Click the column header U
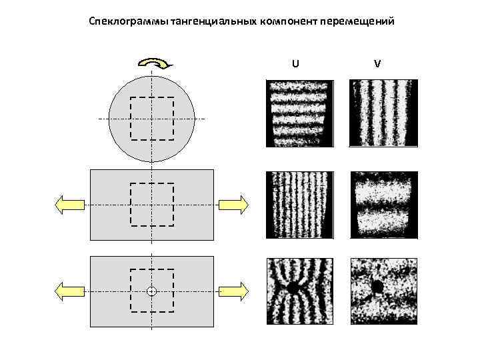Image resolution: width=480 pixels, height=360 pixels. point(295,63)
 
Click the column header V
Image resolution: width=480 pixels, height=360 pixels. point(377,63)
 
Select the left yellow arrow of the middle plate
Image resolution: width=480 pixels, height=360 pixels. point(69,204)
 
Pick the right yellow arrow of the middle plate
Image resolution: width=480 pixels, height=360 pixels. point(234,204)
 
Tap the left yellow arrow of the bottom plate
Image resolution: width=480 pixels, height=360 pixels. point(69,291)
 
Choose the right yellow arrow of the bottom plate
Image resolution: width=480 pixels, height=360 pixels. point(234,291)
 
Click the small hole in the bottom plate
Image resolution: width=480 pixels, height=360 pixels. point(151,291)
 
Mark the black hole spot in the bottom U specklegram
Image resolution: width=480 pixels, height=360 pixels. point(292,288)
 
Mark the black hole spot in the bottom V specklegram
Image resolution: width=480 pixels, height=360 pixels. point(377,287)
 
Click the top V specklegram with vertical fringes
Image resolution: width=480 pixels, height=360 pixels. point(384,113)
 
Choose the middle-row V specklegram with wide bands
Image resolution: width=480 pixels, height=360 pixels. point(384,205)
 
